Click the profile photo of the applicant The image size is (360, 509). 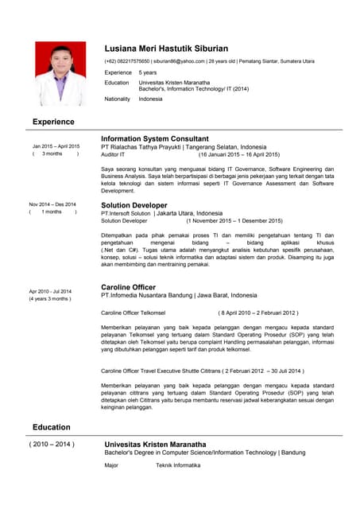[x=60, y=73]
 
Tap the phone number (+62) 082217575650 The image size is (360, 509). [x=126, y=61]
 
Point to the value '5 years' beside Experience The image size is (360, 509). [x=148, y=72]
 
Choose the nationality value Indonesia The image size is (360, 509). [x=150, y=99]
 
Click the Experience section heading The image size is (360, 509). [x=53, y=122]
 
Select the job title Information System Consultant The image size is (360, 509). [x=155, y=138]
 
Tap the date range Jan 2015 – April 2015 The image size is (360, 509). [x=56, y=146]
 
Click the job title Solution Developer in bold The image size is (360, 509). [x=134, y=205]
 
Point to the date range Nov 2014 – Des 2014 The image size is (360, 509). [x=52, y=204]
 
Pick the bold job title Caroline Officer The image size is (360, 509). [x=128, y=286]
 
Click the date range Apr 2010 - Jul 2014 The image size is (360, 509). [x=50, y=291]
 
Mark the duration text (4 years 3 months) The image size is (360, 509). [x=50, y=299]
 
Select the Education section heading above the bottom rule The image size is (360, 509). [x=52, y=427]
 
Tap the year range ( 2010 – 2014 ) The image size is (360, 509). [x=52, y=444]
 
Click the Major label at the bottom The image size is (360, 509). [x=112, y=465]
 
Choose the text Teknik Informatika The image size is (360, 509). [x=178, y=465]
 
